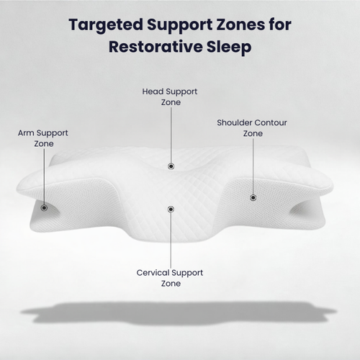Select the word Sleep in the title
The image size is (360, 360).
(x=228, y=47)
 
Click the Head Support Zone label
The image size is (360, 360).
(x=171, y=97)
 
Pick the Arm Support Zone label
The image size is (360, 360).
(x=44, y=138)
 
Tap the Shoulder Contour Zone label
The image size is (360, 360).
(x=252, y=127)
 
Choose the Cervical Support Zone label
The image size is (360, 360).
(x=170, y=278)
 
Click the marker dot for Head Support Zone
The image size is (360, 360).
(x=171, y=166)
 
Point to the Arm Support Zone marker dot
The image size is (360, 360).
(x=44, y=207)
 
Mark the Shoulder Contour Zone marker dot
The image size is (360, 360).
(x=253, y=197)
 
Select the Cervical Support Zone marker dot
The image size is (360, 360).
(x=171, y=210)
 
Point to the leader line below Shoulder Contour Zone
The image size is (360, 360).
(x=253, y=166)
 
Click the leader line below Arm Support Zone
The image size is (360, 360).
(x=44, y=176)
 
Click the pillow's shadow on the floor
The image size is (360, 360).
(x=180, y=311)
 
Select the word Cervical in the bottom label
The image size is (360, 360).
(x=153, y=273)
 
